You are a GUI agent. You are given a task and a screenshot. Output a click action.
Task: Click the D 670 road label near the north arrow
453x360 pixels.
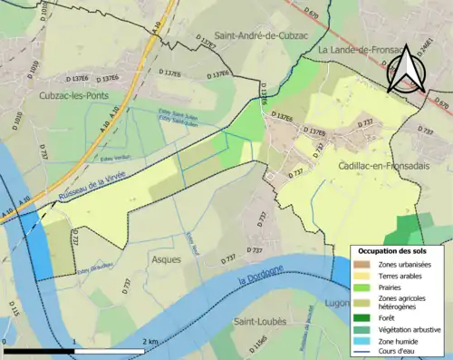(x=441, y=104)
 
